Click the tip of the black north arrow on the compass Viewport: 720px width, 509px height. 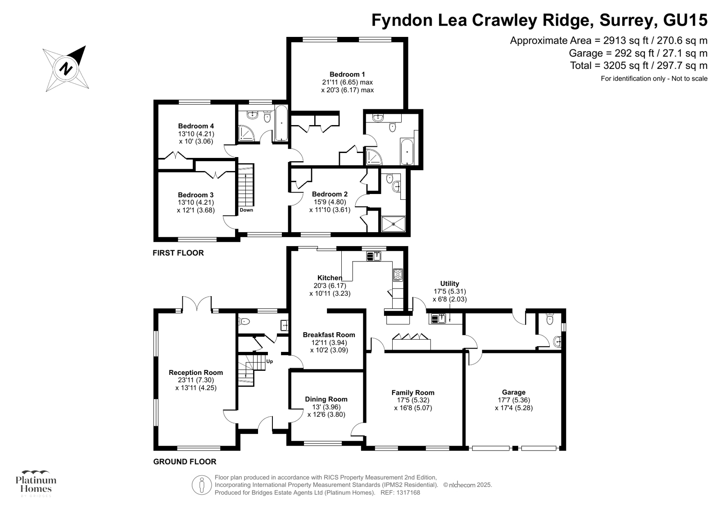pos(86,46)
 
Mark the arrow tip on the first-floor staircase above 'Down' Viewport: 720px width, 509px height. pos(246,175)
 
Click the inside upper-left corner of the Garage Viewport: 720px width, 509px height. pos(466,353)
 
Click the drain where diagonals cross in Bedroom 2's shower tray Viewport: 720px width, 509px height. pos(393,224)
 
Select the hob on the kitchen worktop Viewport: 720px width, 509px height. pos(398,275)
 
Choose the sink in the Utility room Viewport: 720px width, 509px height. pos(438,319)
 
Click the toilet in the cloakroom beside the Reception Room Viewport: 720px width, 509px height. pos(244,321)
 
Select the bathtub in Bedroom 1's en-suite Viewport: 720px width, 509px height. pos(407,151)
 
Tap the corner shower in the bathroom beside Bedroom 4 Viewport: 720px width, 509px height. pos(246,133)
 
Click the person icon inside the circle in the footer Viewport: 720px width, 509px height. pos(202,485)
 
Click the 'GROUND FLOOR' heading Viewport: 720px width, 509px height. pos(185,461)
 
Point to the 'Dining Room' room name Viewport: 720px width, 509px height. pos(326,399)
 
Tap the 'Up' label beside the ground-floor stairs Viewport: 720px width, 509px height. pos(269,361)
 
